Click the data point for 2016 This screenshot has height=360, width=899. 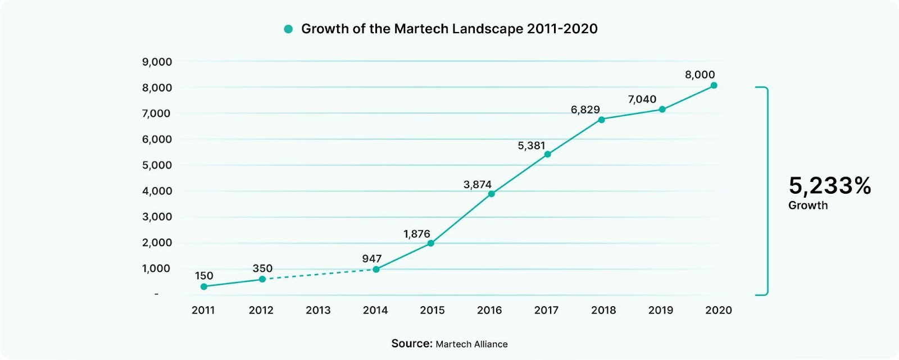(492, 194)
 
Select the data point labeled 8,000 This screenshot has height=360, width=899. (714, 85)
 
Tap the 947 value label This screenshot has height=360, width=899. (371, 259)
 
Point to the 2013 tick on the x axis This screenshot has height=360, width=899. (318, 310)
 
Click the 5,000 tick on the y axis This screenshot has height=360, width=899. (157, 165)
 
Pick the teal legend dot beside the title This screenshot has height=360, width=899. (288, 29)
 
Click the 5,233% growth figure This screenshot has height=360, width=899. (829, 185)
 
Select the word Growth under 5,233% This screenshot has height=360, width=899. (807, 206)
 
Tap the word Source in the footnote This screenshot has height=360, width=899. (411, 344)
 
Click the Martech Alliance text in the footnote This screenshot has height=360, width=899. (471, 344)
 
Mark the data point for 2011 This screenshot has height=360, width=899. (204, 286)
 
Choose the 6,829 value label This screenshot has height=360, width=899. (585, 110)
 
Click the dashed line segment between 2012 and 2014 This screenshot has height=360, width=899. (319, 275)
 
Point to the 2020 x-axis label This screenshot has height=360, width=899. (718, 310)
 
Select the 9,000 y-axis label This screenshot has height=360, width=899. (157, 62)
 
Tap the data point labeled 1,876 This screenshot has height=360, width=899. (431, 243)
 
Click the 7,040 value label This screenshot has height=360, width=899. (642, 99)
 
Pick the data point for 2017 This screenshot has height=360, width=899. (548, 154)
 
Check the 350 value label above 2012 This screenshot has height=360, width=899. (262, 268)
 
